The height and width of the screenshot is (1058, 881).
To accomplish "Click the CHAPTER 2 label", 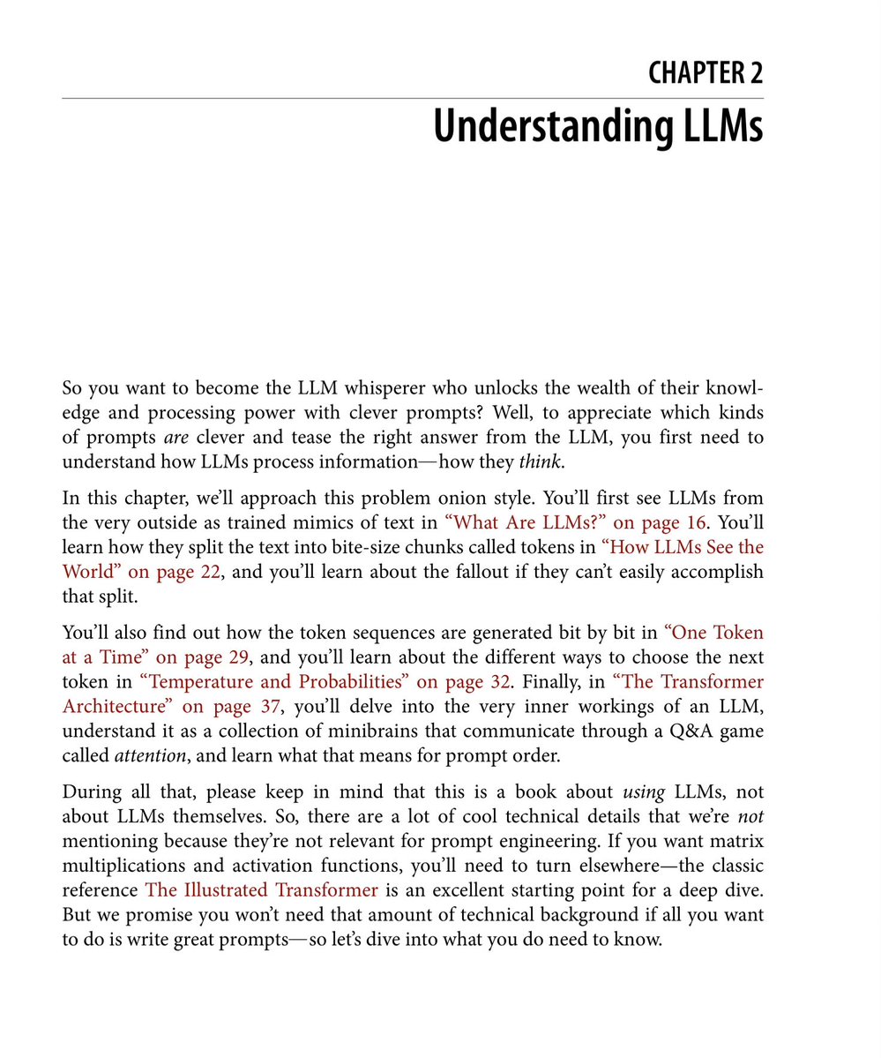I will pyautogui.click(x=705, y=73).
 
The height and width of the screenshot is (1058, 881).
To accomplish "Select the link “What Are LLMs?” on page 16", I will pyautogui.click(x=570, y=523).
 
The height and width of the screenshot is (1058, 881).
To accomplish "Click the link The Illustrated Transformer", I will pyautogui.click(x=262, y=890).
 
